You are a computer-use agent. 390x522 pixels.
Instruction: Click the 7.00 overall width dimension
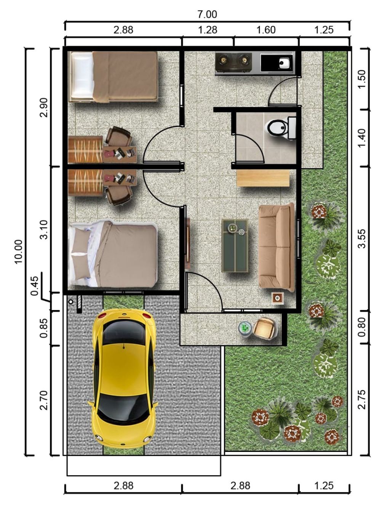pos(207,14)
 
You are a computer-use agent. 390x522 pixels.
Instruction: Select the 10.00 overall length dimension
pos(18,251)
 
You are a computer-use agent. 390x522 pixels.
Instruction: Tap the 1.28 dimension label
pos(208,30)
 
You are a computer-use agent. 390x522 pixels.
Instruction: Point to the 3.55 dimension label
pos(362,239)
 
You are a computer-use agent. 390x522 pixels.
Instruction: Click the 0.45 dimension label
pos(35,286)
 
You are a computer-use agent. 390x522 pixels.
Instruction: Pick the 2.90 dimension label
pos(44,107)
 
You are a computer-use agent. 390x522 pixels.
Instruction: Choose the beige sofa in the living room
pos(277,247)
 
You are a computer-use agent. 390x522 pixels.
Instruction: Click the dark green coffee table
pos(235,246)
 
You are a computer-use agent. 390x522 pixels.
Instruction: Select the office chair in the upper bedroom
pos(118,136)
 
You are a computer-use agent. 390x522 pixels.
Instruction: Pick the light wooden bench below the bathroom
pos(263,178)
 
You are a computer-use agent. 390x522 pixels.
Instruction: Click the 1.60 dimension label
pos(266,30)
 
